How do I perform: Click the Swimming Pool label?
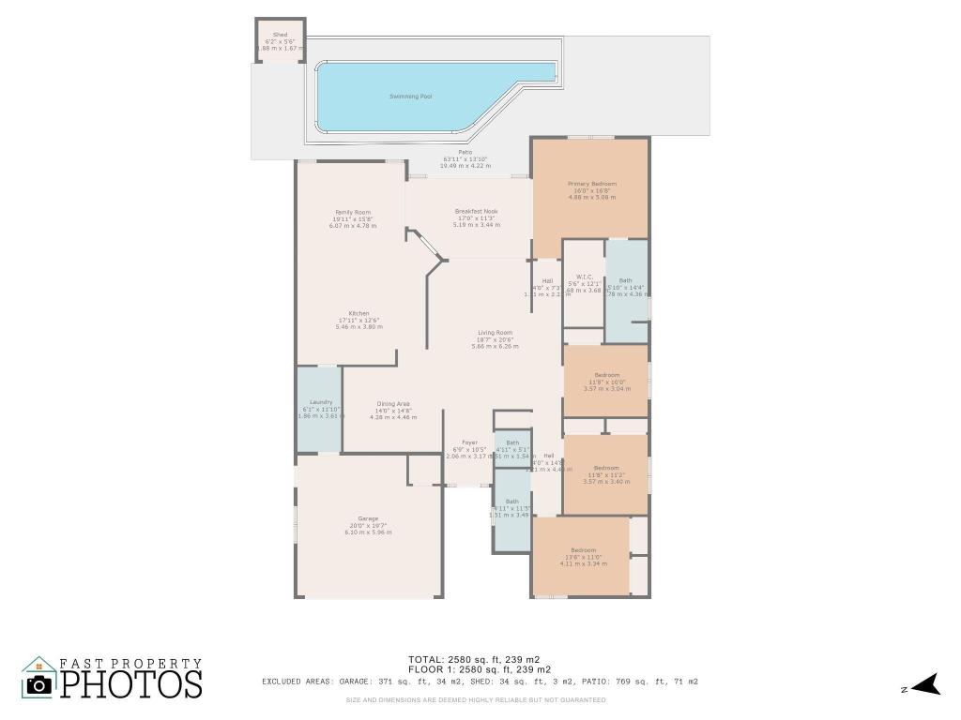(x=410, y=97)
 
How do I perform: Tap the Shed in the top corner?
(x=280, y=42)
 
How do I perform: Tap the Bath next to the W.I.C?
(x=625, y=286)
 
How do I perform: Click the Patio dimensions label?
(x=465, y=159)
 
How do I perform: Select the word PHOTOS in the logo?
(x=132, y=684)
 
